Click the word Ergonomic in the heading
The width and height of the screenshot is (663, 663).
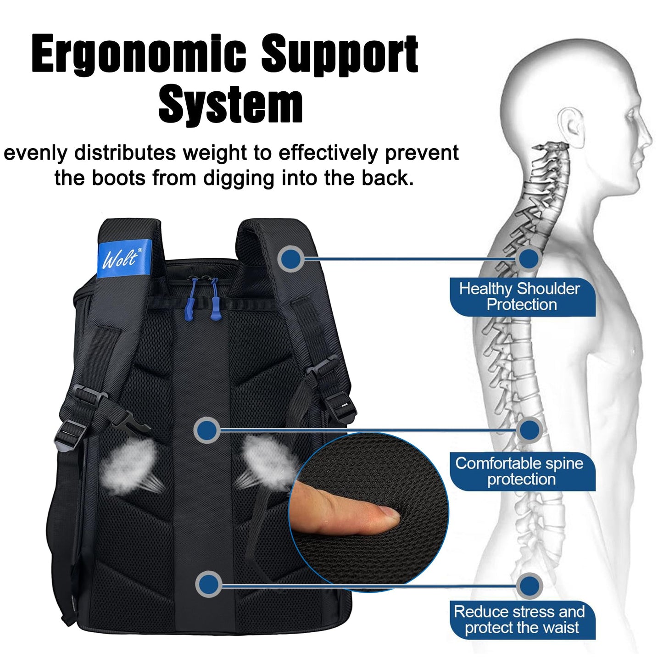[x=139, y=54]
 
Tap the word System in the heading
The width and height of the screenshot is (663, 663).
[x=230, y=104]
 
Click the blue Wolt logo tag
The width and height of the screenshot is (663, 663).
[x=124, y=258]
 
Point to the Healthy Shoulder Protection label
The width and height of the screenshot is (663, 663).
[x=522, y=297]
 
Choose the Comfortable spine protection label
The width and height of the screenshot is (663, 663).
[x=522, y=471]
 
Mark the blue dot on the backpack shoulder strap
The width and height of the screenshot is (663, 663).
[x=291, y=259]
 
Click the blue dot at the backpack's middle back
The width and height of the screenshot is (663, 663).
[x=207, y=430]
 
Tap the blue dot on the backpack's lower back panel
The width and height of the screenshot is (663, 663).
[x=208, y=585]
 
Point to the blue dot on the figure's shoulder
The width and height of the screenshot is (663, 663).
[x=529, y=258]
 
